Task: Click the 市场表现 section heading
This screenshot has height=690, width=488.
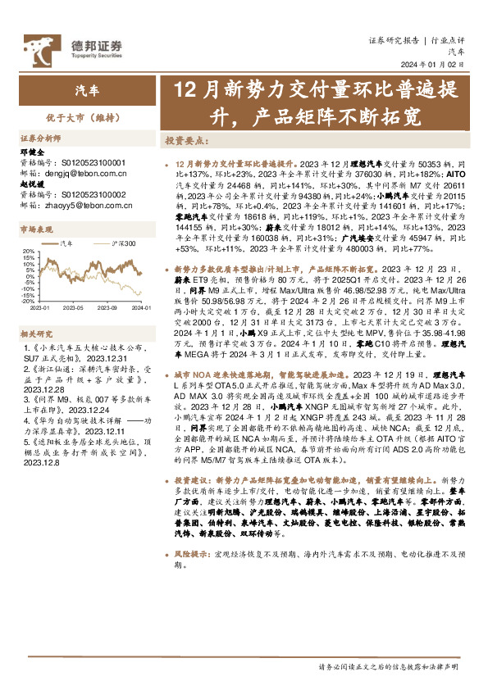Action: [36, 230]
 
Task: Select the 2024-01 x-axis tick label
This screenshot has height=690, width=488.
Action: [139, 307]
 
